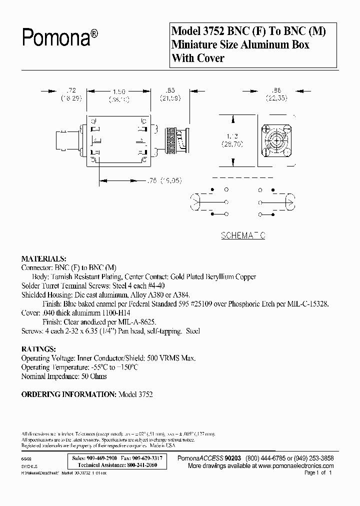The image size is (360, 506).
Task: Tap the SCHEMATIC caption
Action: pyautogui.click(x=243, y=235)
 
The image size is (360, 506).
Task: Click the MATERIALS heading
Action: pyautogui.click(x=43, y=259)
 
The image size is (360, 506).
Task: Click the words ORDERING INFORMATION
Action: pyautogui.click(x=68, y=394)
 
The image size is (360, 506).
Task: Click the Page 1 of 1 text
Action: pyautogui.click(x=317, y=472)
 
